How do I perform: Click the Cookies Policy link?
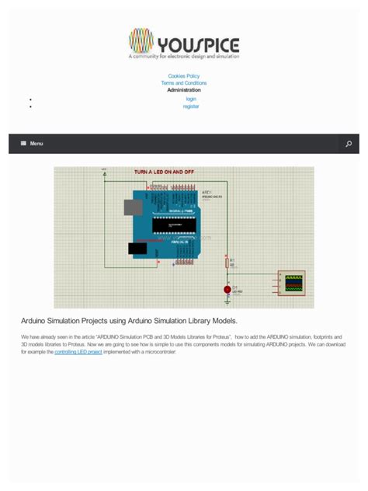click(x=184, y=76)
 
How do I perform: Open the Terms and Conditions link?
click(x=184, y=83)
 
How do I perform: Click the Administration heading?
click(x=184, y=90)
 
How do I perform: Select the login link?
click(x=191, y=99)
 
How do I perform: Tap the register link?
click(x=191, y=106)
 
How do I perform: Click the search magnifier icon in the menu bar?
click(x=349, y=144)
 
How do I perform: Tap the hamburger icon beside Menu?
click(x=23, y=144)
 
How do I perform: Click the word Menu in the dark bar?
click(x=36, y=144)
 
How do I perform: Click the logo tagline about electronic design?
click(x=184, y=57)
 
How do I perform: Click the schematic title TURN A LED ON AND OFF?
click(x=165, y=172)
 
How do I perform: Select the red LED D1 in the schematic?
click(x=227, y=289)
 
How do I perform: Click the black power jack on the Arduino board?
click(x=138, y=248)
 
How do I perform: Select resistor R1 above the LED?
click(x=227, y=263)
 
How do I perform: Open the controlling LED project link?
click(x=78, y=352)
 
